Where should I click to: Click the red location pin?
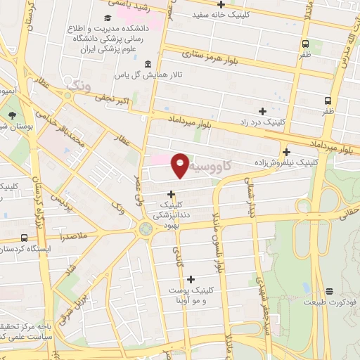pos(181,165)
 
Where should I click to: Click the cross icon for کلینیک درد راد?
pos(262,110)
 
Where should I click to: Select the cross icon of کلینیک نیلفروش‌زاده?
pos(286,152)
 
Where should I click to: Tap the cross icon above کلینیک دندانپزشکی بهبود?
pos(171,194)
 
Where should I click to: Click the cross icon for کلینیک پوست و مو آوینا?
pos(191,279)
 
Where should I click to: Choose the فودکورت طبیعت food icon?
pos(329,291)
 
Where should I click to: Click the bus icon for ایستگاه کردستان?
pos(25,238)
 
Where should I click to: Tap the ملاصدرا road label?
pos(75,237)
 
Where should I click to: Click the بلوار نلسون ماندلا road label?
pos(219,240)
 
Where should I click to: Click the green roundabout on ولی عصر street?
pos(146,229)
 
